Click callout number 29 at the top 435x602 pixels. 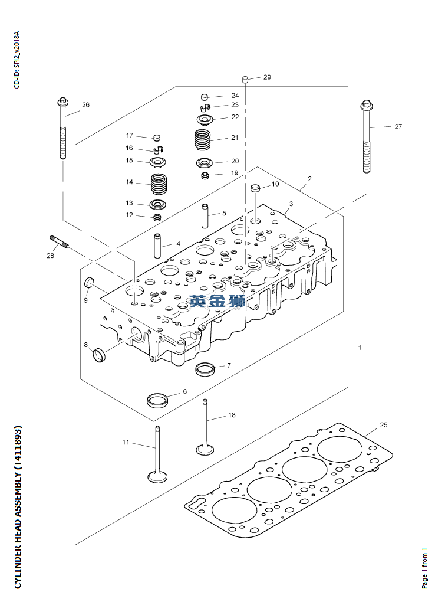pyautogui.click(x=267, y=78)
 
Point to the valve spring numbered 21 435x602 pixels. pyautogui.click(x=203, y=140)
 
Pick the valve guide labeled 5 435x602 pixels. pyautogui.click(x=206, y=216)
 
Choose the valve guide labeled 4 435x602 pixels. pyautogui.click(x=158, y=246)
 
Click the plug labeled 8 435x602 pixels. pyautogui.click(x=98, y=355)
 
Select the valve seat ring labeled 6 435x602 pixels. pyautogui.click(x=157, y=399)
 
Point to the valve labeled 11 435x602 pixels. pyautogui.click(x=157, y=454)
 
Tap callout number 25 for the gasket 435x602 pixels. pyautogui.click(x=383, y=425)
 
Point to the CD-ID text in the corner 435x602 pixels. pyautogui.click(x=17, y=59)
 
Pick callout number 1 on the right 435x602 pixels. pyautogui.click(x=360, y=348)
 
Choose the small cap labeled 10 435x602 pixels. pyautogui.click(x=256, y=189)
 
